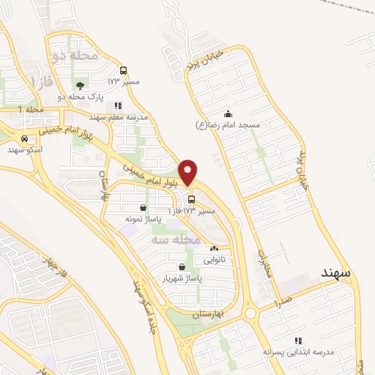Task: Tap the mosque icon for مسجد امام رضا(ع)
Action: click(229, 113)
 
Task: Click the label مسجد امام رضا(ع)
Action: click(229, 125)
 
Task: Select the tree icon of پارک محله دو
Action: click(80, 86)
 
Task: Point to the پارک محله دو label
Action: click(80, 97)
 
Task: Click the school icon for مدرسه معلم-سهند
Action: click(119, 105)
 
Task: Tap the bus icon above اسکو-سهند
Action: click(26, 138)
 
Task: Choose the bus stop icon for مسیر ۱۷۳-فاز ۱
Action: click(191, 199)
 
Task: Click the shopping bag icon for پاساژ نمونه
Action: click(141, 207)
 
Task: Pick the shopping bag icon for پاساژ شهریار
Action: click(182, 267)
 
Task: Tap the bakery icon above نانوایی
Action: click(214, 249)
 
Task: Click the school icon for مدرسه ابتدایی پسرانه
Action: click(297, 341)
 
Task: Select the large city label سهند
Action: click(336, 272)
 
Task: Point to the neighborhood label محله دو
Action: click(75, 55)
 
